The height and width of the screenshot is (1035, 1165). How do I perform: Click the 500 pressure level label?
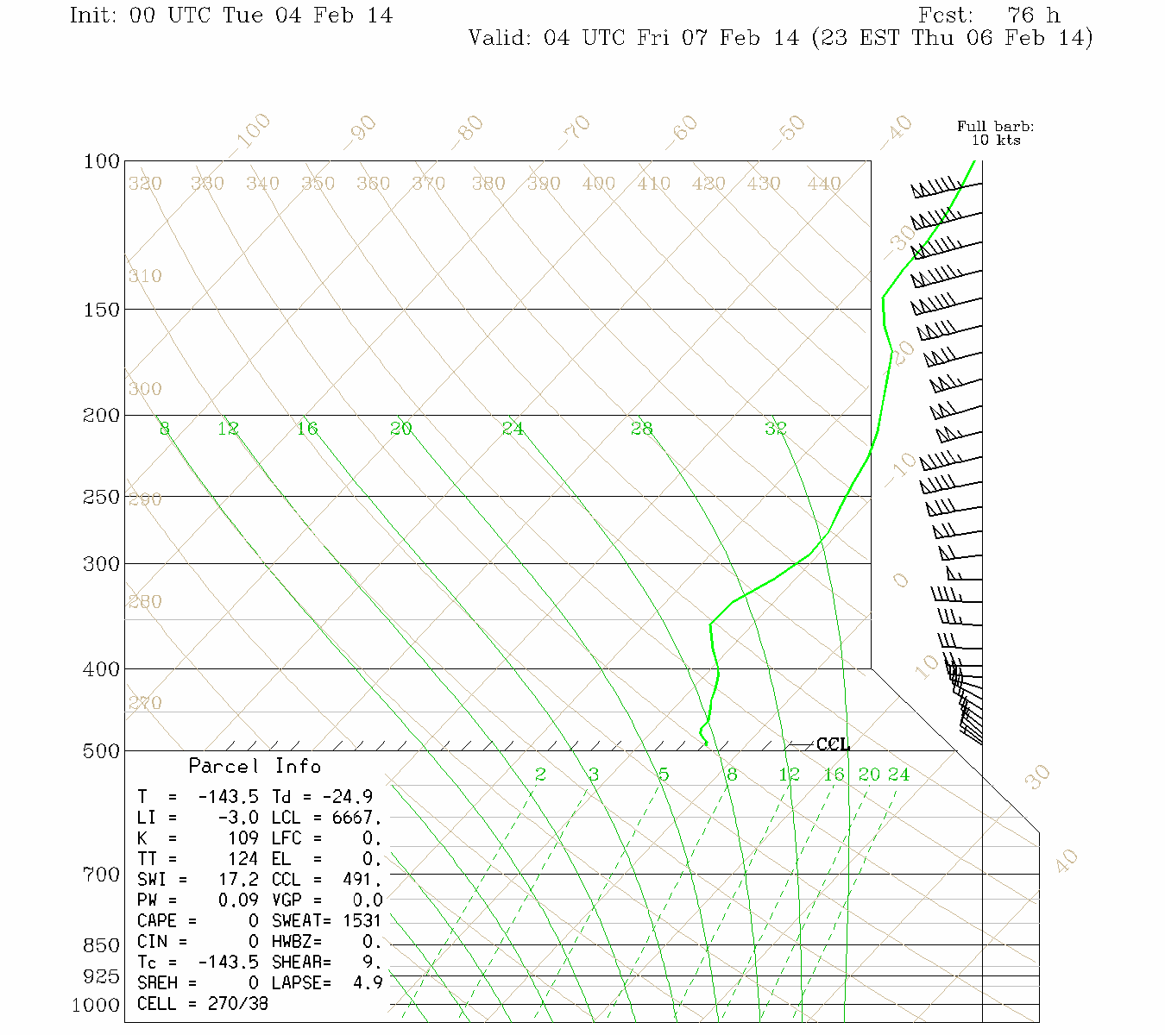click(102, 751)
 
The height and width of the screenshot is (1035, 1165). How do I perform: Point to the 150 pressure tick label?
click(102, 309)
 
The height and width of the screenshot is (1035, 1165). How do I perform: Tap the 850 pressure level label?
click(102, 945)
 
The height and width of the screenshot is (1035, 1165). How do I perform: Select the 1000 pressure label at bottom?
click(96, 1005)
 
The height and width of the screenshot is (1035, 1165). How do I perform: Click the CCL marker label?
click(833, 744)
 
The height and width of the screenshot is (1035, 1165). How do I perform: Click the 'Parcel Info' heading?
click(255, 766)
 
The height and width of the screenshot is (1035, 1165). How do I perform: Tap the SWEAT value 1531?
click(362, 921)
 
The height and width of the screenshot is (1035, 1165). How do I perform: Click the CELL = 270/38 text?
click(203, 1004)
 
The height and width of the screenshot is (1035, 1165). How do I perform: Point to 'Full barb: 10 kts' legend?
click(996, 133)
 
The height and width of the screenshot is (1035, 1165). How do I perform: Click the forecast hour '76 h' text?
click(1034, 16)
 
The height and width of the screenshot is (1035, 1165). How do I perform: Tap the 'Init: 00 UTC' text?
click(142, 16)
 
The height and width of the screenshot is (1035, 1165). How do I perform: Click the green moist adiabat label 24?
click(513, 428)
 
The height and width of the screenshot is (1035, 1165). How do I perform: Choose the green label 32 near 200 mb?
click(775, 428)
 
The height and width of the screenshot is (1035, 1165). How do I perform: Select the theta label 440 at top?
click(824, 184)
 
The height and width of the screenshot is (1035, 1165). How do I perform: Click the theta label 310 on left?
click(145, 276)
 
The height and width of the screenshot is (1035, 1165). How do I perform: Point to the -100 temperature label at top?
click(253, 130)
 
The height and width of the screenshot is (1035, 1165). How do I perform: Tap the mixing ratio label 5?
click(663, 775)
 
